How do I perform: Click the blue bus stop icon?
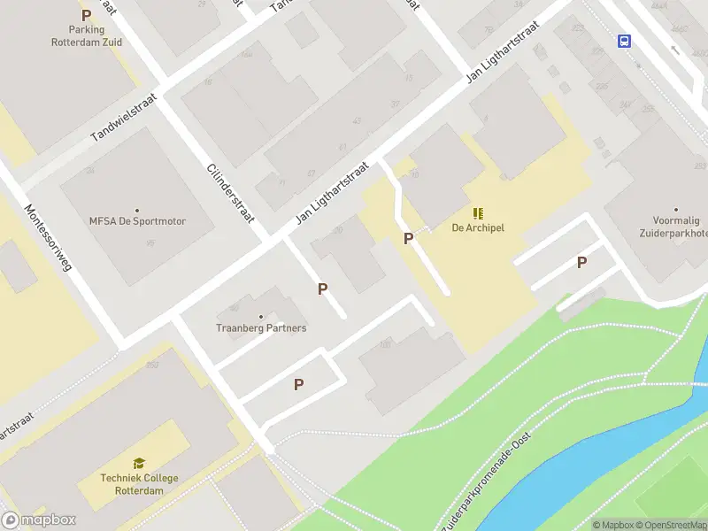[624, 41]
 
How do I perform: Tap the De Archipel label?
[478, 227]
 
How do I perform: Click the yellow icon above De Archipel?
[478, 212]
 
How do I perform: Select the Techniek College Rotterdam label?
[140, 484]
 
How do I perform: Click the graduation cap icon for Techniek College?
[139, 464]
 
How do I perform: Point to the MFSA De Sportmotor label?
[137, 221]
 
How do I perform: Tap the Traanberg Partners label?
[261, 328]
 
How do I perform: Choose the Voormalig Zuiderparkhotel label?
[674, 227]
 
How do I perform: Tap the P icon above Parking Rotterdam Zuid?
[86, 15]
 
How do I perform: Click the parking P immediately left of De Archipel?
[408, 238]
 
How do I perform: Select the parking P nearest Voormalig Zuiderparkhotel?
[581, 262]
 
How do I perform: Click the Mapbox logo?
[39, 520]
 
